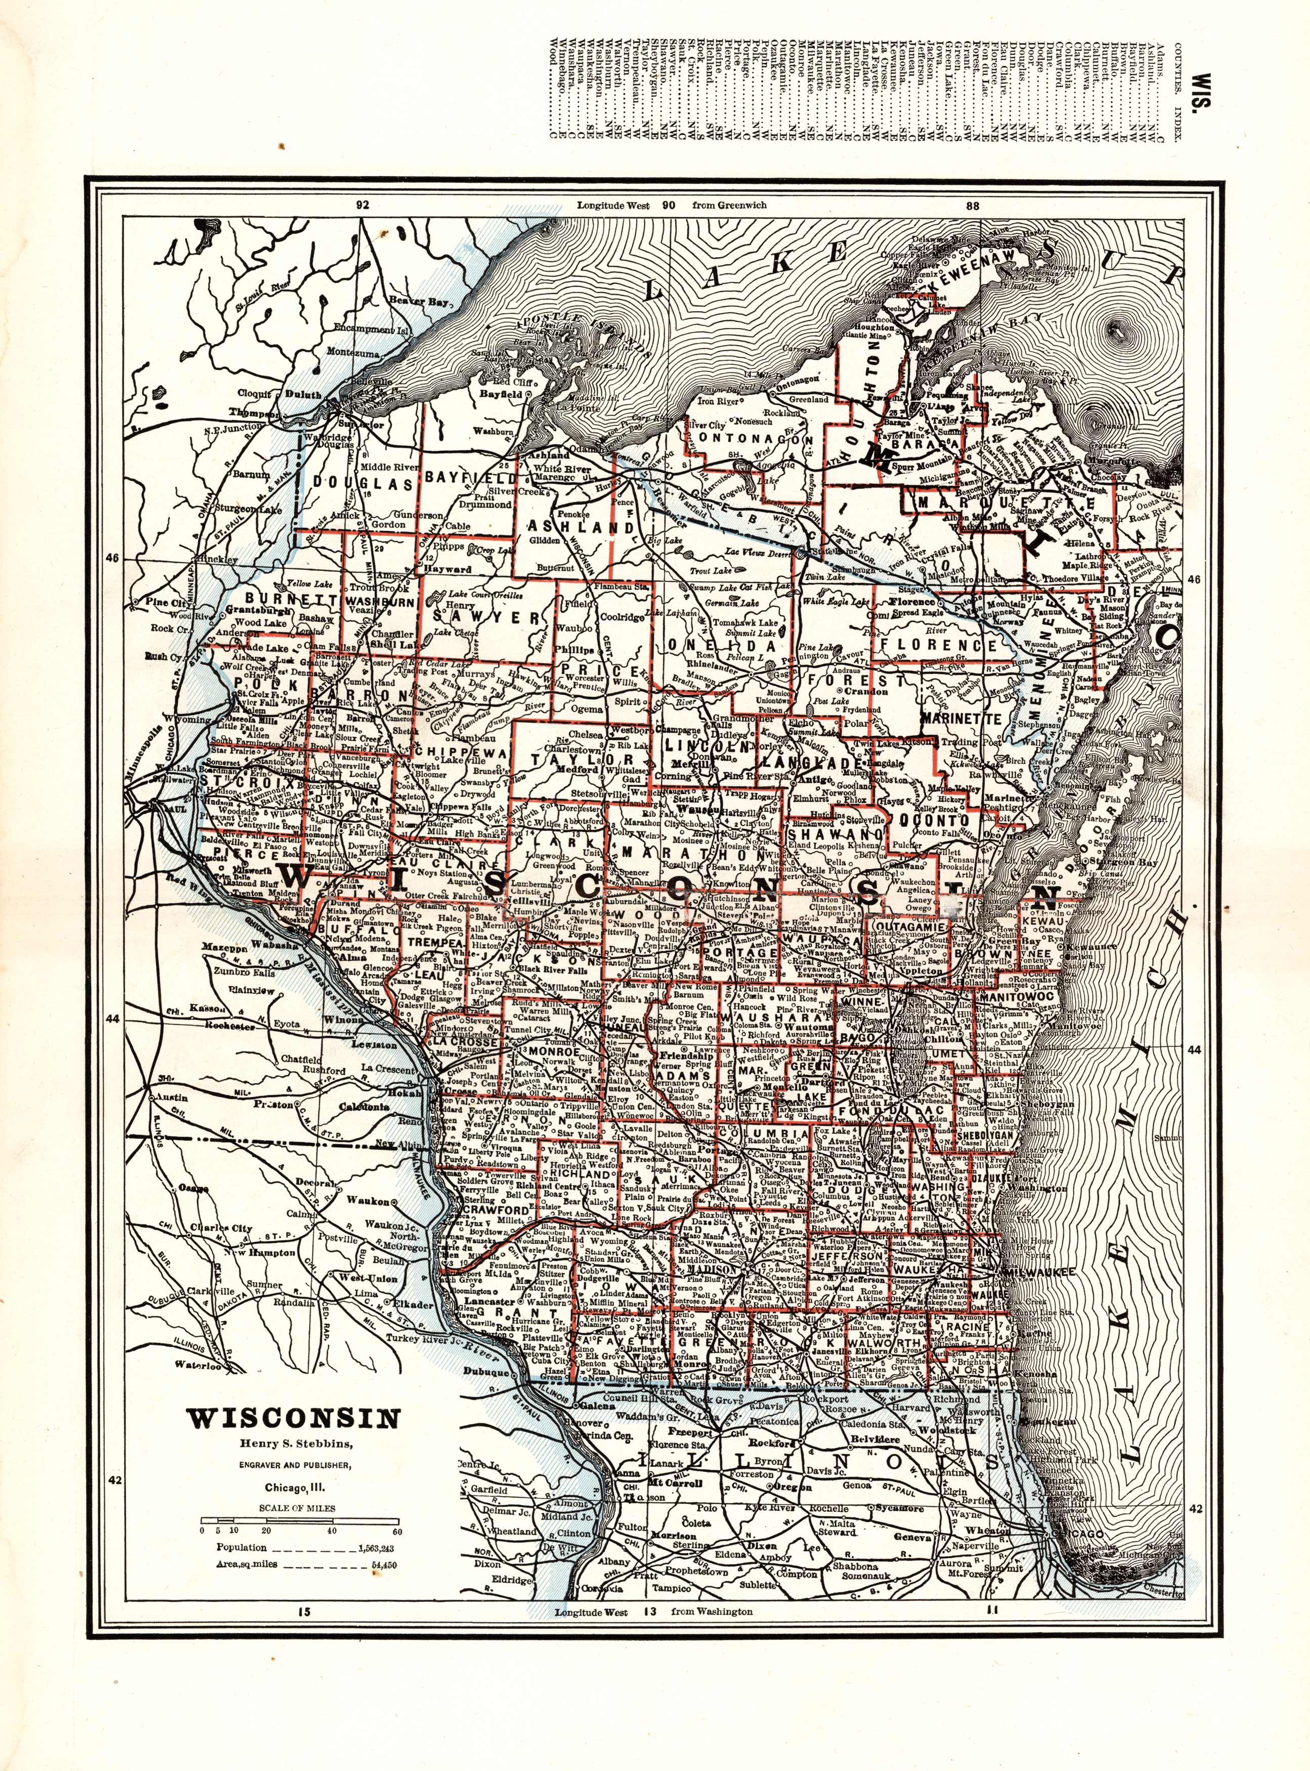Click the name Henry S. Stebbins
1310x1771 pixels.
pos(293,1442)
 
